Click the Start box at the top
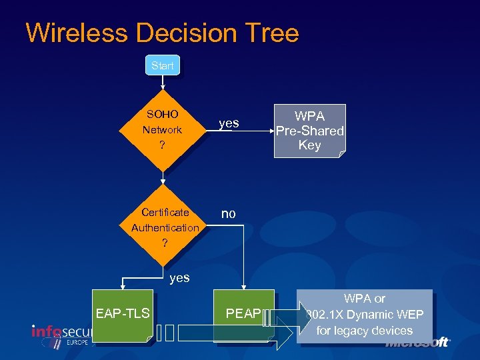162,65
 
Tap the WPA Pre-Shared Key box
309,131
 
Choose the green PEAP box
243,313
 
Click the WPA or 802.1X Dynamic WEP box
364,315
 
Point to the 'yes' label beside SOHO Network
229,123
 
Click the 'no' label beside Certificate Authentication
228,214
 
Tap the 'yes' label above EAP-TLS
179,277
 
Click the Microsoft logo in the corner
418,343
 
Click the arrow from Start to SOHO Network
162,83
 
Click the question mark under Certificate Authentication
165,243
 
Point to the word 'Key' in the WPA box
309,145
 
